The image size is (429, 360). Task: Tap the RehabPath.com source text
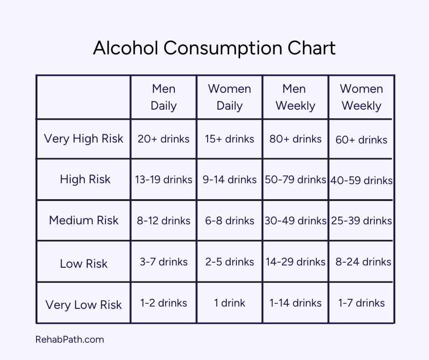[69, 339]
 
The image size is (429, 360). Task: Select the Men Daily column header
[163, 97]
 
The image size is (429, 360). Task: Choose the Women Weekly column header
[361, 97]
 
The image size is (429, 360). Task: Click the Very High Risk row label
[84, 139]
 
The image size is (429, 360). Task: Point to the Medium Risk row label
[84, 220]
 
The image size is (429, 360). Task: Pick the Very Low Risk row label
[84, 305]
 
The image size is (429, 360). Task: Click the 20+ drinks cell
[163, 139]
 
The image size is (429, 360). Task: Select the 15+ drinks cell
[230, 139]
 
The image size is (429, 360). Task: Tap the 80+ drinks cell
[295, 139]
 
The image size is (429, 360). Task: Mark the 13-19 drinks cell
[163, 180]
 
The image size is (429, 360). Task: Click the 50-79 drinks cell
[295, 180]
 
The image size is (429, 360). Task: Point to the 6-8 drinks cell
[230, 221]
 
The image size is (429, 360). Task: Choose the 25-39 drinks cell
[361, 221]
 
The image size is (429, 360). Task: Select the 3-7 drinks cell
[163, 262]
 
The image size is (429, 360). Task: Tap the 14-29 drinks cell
[295, 262]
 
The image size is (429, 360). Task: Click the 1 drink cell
[230, 303]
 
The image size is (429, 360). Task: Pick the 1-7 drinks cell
[361, 303]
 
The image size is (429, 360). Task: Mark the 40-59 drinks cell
[361, 180]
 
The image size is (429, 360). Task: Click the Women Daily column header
[230, 97]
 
